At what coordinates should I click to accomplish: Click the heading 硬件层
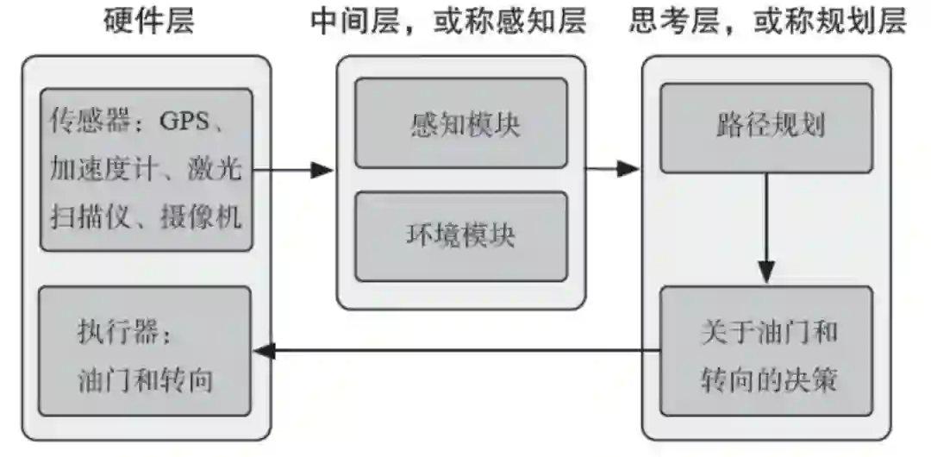(148, 22)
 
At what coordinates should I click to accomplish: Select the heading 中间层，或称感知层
(448, 22)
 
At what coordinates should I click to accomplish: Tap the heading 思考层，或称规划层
(767, 22)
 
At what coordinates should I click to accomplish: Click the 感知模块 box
(461, 123)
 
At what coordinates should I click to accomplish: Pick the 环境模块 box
(461, 235)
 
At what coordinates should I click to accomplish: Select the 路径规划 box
(766, 128)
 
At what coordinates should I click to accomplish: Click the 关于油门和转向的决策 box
(766, 352)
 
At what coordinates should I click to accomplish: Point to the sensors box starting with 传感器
(145, 170)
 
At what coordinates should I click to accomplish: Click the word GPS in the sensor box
(184, 122)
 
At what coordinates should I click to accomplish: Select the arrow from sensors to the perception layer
(293, 170)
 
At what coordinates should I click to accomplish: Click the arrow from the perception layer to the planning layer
(614, 170)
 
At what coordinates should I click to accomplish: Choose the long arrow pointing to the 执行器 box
(457, 350)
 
